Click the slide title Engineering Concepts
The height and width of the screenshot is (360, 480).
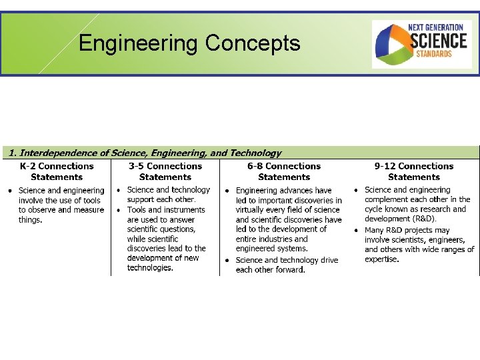(189, 44)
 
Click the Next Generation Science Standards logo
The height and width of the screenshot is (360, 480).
(421, 44)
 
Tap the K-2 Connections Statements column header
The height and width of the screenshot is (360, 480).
(57, 171)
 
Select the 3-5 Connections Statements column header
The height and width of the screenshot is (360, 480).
(165, 171)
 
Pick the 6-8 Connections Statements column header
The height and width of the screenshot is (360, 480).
(284, 171)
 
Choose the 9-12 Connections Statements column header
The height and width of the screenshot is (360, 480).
(413, 171)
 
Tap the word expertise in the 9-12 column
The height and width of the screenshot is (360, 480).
(382, 259)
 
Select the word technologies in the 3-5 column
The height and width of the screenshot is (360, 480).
(150, 268)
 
